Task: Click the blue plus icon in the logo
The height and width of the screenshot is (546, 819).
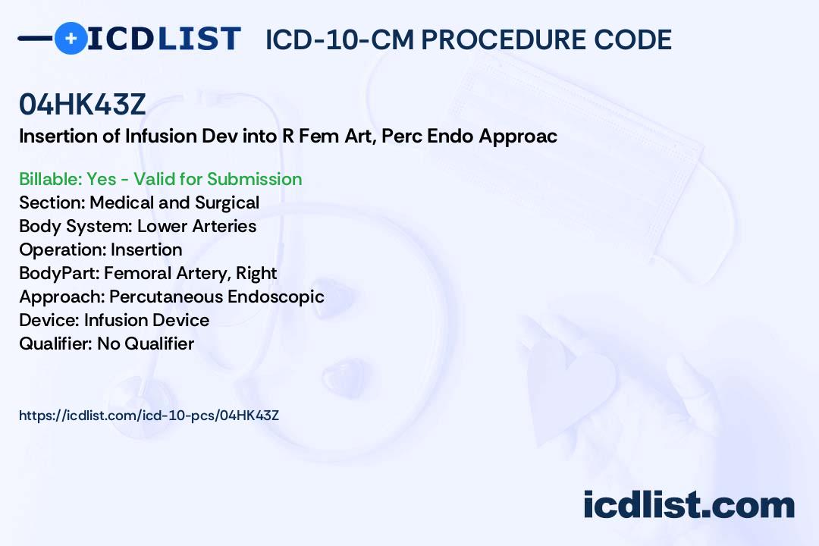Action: (71, 38)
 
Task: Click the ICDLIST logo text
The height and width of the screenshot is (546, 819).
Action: (164, 39)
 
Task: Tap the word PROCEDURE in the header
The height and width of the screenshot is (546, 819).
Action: (504, 39)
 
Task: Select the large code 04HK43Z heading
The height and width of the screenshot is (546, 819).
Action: (82, 104)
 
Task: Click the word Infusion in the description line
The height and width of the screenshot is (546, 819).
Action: (160, 136)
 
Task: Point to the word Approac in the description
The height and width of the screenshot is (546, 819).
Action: (518, 136)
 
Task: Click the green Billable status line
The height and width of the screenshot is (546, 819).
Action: (160, 179)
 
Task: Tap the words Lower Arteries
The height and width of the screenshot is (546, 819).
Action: (197, 226)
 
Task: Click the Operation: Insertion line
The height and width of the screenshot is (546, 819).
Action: (101, 249)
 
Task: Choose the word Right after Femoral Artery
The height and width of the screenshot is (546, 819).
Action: (256, 274)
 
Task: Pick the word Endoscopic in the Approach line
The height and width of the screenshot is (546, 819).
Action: (276, 297)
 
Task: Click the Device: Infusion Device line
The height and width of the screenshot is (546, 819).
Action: (115, 320)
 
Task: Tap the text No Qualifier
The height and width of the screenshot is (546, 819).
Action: (146, 344)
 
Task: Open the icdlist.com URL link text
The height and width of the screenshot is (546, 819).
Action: (149, 416)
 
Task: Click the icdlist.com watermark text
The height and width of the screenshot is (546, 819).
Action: (689, 504)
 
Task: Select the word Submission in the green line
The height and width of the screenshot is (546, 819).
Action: (254, 179)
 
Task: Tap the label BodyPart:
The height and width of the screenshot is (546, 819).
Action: (60, 274)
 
